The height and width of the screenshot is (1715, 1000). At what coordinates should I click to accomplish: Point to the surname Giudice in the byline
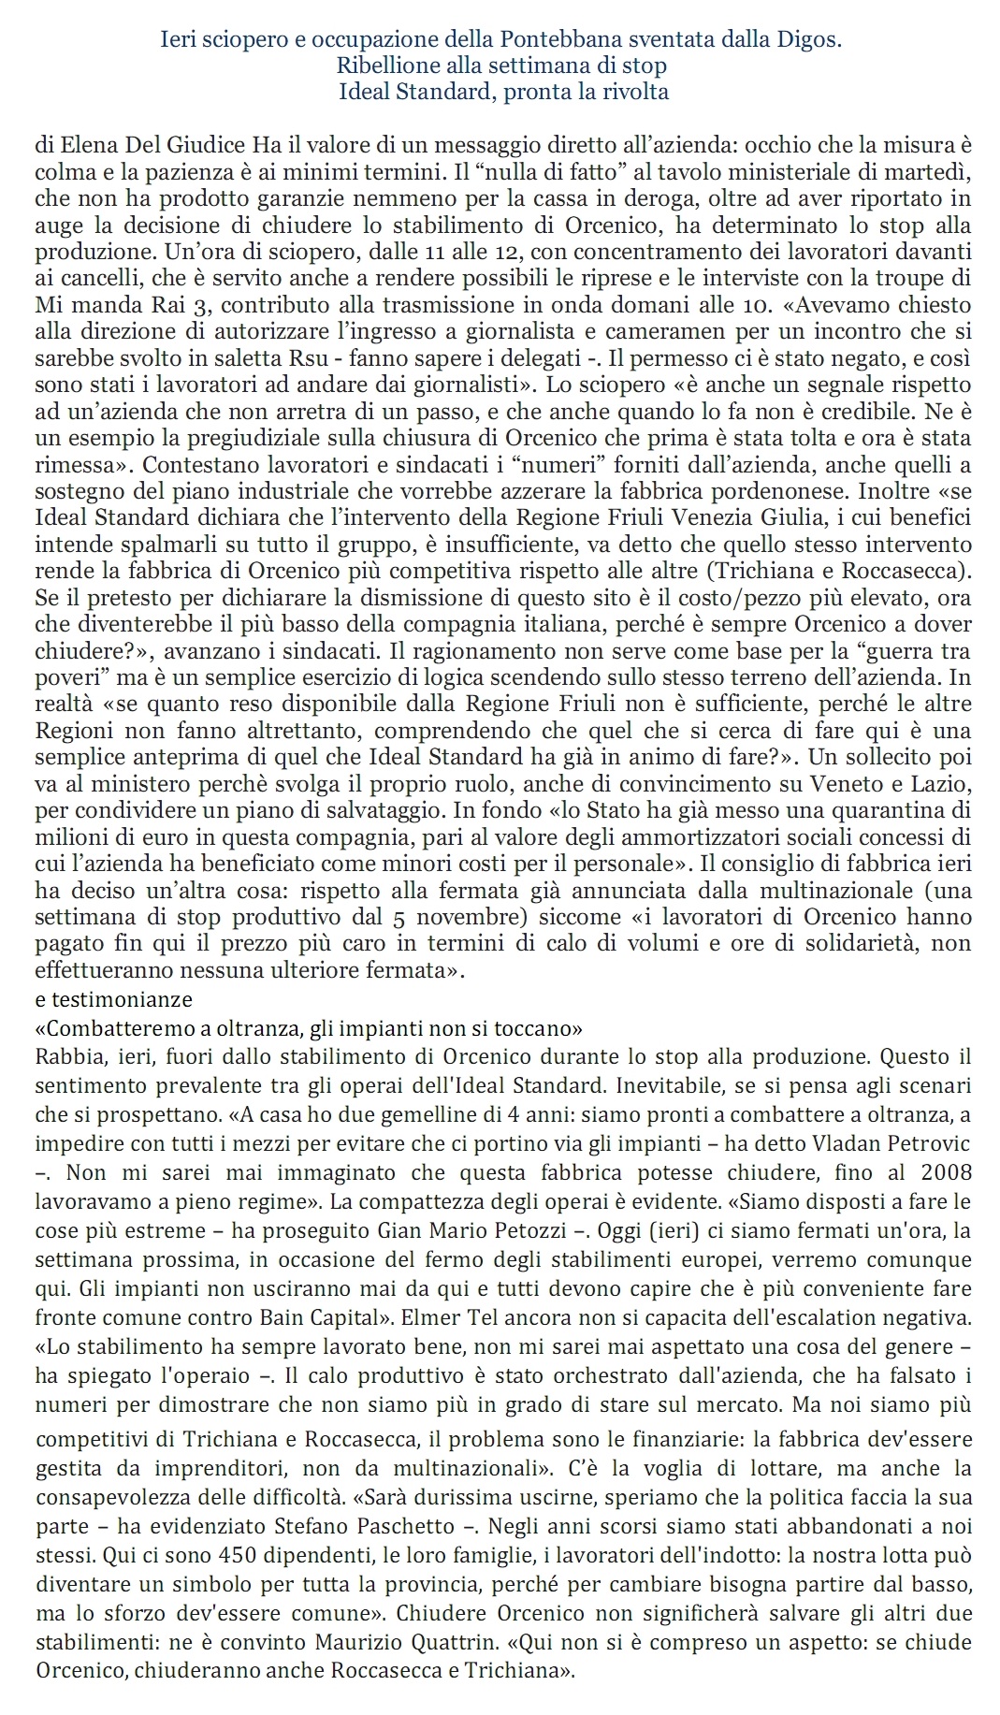[210, 146]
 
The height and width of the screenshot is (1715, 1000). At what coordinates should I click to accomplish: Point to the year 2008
[946, 1172]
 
